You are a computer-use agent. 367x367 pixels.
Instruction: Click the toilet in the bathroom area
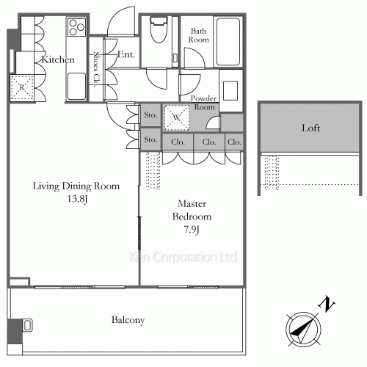(159, 29)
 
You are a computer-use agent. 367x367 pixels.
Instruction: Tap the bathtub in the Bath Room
(228, 42)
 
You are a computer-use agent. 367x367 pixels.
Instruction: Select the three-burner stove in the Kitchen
(76, 27)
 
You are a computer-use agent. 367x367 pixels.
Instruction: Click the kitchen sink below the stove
(76, 86)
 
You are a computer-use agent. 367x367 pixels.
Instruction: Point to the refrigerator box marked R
(22, 87)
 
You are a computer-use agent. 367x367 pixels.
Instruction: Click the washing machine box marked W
(177, 117)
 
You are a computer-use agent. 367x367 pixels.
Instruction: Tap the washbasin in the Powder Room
(230, 91)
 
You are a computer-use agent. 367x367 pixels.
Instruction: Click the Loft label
(310, 128)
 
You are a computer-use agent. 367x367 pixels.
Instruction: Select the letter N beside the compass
(327, 304)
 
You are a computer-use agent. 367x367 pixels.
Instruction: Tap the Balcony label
(128, 320)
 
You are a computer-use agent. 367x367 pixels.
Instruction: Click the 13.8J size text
(77, 199)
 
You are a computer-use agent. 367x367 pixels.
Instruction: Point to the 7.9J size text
(192, 230)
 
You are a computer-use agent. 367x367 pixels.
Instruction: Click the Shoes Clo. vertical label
(96, 69)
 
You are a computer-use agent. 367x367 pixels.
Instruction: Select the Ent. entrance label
(126, 54)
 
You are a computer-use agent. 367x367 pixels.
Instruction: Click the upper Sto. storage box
(150, 115)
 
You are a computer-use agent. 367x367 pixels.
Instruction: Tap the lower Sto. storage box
(150, 139)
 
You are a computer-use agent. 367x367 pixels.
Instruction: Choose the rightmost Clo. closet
(234, 142)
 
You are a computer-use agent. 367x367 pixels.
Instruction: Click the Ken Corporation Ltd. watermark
(183, 257)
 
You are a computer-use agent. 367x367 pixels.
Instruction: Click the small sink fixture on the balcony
(27, 325)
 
